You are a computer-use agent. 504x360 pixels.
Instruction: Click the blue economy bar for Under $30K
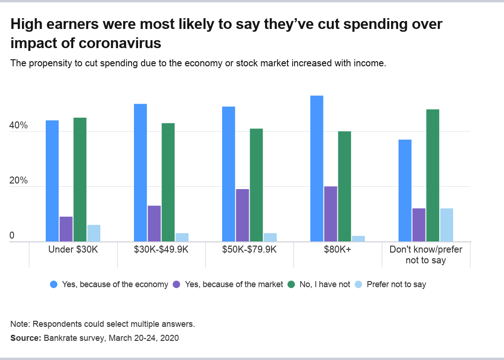pyautogui.click(x=52, y=181)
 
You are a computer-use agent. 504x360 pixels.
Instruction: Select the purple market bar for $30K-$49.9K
pyautogui.click(x=154, y=224)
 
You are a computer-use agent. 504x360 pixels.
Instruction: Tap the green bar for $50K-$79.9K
pyautogui.click(x=256, y=185)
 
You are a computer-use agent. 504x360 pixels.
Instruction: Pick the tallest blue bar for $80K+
pyautogui.click(x=317, y=169)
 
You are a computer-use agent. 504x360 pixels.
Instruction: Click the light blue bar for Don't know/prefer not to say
pyautogui.click(x=447, y=225)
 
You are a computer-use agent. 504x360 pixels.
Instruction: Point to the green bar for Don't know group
pyautogui.click(x=433, y=176)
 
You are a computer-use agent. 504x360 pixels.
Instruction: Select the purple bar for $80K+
pyautogui.click(x=330, y=214)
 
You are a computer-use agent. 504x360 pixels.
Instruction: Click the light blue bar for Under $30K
pyautogui.click(x=94, y=233)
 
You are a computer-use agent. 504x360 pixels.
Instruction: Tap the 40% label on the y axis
pyautogui.click(x=19, y=126)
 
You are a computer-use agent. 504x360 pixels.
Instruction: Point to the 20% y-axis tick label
pyautogui.click(x=19, y=181)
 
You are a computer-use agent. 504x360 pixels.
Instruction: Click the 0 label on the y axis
pyautogui.click(x=13, y=236)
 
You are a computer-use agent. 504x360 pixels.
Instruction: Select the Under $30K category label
pyautogui.click(x=73, y=250)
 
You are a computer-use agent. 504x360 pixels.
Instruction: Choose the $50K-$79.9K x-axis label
pyautogui.click(x=250, y=250)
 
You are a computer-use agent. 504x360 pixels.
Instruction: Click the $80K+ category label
pyautogui.click(x=338, y=250)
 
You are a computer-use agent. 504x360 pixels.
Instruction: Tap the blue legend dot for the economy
pyautogui.click(x=53, y=284)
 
